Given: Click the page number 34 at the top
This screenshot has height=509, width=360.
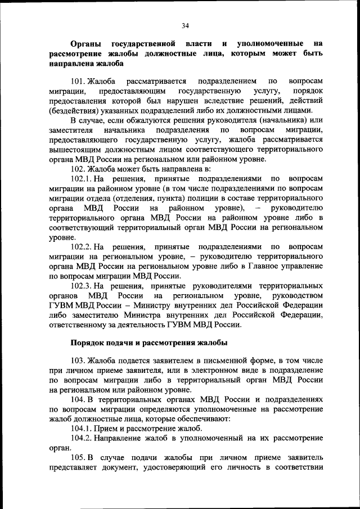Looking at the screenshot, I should (185, 25).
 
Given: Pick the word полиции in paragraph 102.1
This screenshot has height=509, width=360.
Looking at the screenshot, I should (218, 198).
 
